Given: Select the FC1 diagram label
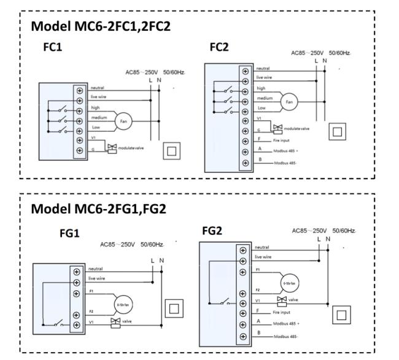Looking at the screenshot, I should (x=52, y=47).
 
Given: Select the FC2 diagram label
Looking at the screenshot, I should (x=219, y=46).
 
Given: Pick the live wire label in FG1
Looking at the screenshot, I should (x=98, y=279).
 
